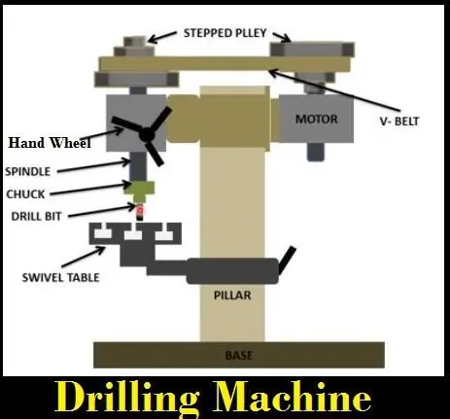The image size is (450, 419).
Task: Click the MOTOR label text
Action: click(317, 119)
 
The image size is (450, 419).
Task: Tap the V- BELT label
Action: click(399, 122)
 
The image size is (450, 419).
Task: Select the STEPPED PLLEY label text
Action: click(225, 33)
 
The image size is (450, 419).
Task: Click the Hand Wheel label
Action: click(50, 143)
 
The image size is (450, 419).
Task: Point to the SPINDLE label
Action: click(28, 171)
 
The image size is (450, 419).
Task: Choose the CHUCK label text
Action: click(25, 194)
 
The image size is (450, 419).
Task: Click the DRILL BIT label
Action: click(36, 216)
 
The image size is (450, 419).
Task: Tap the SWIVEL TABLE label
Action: click(60, 277)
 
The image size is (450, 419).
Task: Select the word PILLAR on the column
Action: click(232, 296)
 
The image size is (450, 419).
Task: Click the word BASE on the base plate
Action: click(239, 356)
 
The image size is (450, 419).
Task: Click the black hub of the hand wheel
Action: click(147, 134)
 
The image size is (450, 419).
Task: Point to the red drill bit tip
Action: click(140, 210)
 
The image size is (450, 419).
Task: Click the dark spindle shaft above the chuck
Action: click(138, 166)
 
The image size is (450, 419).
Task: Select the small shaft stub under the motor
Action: click(315, 152)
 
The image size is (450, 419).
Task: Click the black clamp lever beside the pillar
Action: click(287, 261)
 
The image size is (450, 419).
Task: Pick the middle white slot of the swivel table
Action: click(133, 233)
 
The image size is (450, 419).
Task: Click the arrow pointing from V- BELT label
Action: click(335, 89)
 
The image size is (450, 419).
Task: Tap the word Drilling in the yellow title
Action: click(127, 398)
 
